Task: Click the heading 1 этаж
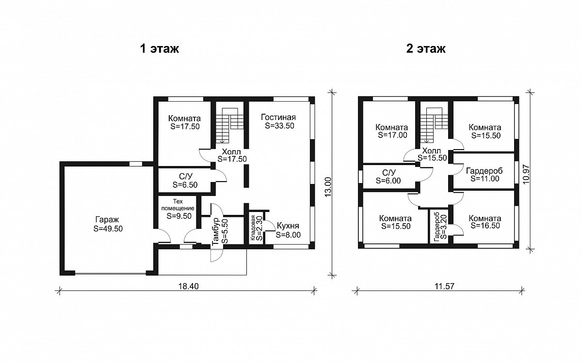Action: click(x=160, y=48)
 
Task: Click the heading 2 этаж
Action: click(x=426, y=48)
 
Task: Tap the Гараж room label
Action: click(x=107, y=220)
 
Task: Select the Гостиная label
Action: click(x=278, y=118)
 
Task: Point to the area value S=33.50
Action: click(x=279, y=126)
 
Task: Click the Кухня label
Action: click(x=288, y=226)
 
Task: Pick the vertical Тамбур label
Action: click(x=216, y=232)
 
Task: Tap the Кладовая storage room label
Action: click(x=253, y=228)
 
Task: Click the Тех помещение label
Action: click(x=178, y=205)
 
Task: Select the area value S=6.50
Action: click(x=185, y=185)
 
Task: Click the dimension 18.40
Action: click(x=188, y=286)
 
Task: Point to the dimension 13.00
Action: click(x=328, y=187)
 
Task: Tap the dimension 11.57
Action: click(x=445, y=286)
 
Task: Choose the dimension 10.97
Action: click(x=526, y=174)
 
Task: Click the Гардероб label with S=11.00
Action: click(x=485, y=171)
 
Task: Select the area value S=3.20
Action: click(x=444, y=227)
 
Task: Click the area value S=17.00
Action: click(x=392, y=135)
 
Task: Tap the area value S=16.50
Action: click(x=485, y=226)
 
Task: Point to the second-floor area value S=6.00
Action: click(x=388, y=181)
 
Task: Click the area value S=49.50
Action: click(x=108, y=228)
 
